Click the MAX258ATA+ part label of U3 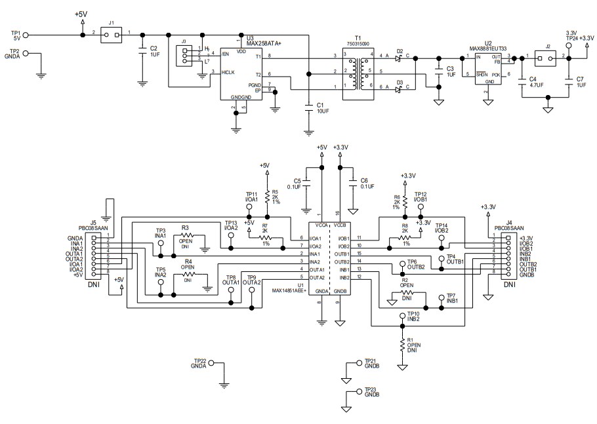pyautogui.click(x=263, y=43)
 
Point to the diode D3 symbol pyautogui.click(x=400, y=88)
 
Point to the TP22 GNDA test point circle pyautogui.click(x=212, y=364)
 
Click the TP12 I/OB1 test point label pyautogui.click(x=421, y=197)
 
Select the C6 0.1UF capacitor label pyautogui.click(x=365, y=183)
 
